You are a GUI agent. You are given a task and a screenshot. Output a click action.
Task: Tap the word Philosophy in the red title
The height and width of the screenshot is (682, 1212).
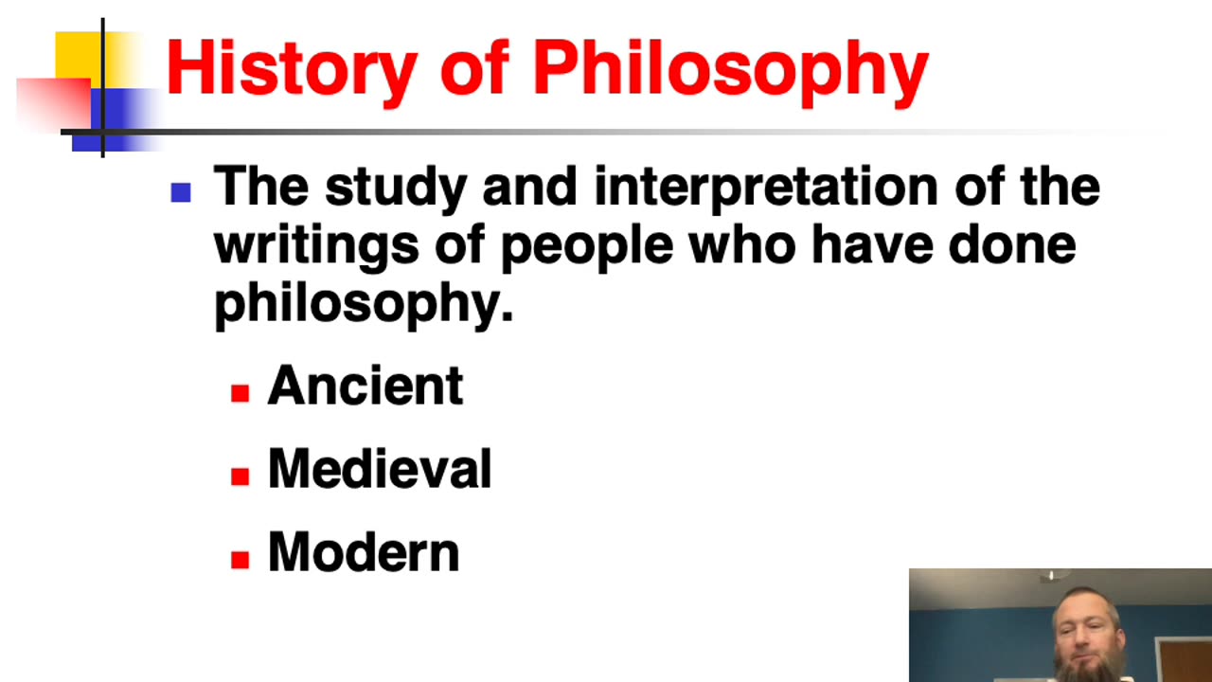click(730, 68)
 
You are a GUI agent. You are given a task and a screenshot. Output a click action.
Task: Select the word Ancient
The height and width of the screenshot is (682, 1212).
click(365, 386)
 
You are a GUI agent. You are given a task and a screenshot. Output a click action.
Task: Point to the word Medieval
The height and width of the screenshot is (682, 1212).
click(380, 469)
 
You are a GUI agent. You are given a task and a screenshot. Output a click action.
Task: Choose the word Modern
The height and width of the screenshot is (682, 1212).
click(364, 552)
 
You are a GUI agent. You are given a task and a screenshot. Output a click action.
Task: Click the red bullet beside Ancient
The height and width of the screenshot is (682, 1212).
click(241, 393)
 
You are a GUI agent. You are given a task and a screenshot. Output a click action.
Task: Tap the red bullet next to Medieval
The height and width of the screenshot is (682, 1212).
click(241, 476)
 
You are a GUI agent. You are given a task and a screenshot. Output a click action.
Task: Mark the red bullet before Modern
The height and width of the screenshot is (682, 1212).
click(241, 559)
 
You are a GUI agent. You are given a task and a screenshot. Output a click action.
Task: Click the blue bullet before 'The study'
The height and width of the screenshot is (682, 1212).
click(181, 193)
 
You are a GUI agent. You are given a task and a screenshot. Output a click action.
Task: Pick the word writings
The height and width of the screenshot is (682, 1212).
click(316, 245)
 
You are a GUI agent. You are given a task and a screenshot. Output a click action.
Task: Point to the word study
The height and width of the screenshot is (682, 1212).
click(396, 188)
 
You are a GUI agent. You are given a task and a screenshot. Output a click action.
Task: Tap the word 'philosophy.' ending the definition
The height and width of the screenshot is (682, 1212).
click(364, 304)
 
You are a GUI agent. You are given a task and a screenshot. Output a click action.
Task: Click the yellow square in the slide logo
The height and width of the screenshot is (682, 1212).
click(78, 55)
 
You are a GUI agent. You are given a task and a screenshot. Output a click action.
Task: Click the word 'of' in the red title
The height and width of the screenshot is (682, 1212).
click(473, 68)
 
